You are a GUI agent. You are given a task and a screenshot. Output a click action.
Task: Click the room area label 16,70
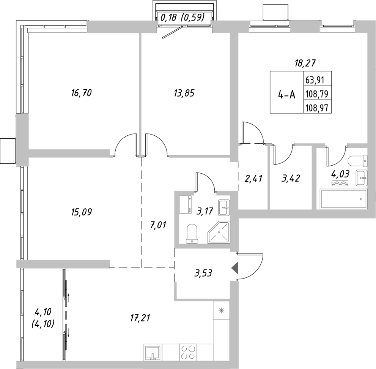pos(82,92)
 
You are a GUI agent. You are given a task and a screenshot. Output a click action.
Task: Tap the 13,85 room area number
pos(184,92)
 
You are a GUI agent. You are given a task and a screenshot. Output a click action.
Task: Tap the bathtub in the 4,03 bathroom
pos(343,199)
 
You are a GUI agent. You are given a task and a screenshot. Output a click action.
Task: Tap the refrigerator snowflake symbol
pos(220,310)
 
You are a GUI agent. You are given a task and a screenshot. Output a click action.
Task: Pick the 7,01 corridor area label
pos(159,226)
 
